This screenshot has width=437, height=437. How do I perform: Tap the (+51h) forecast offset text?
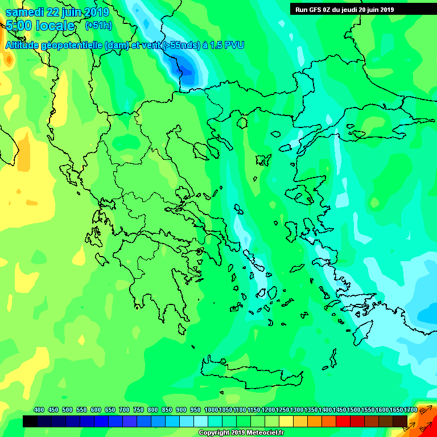coord(99,26)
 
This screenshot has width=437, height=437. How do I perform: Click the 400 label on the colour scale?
coord(39,410)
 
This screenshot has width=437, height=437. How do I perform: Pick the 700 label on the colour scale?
coord(124,410)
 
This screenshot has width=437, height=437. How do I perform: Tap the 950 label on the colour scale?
coord(195,410)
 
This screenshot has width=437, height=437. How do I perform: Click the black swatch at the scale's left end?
coord(30,421)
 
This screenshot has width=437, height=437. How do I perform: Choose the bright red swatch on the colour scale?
coord(343,421)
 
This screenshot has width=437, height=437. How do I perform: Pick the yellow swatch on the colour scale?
coord(286,421)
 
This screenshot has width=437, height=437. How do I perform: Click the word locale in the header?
coord(56,26)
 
